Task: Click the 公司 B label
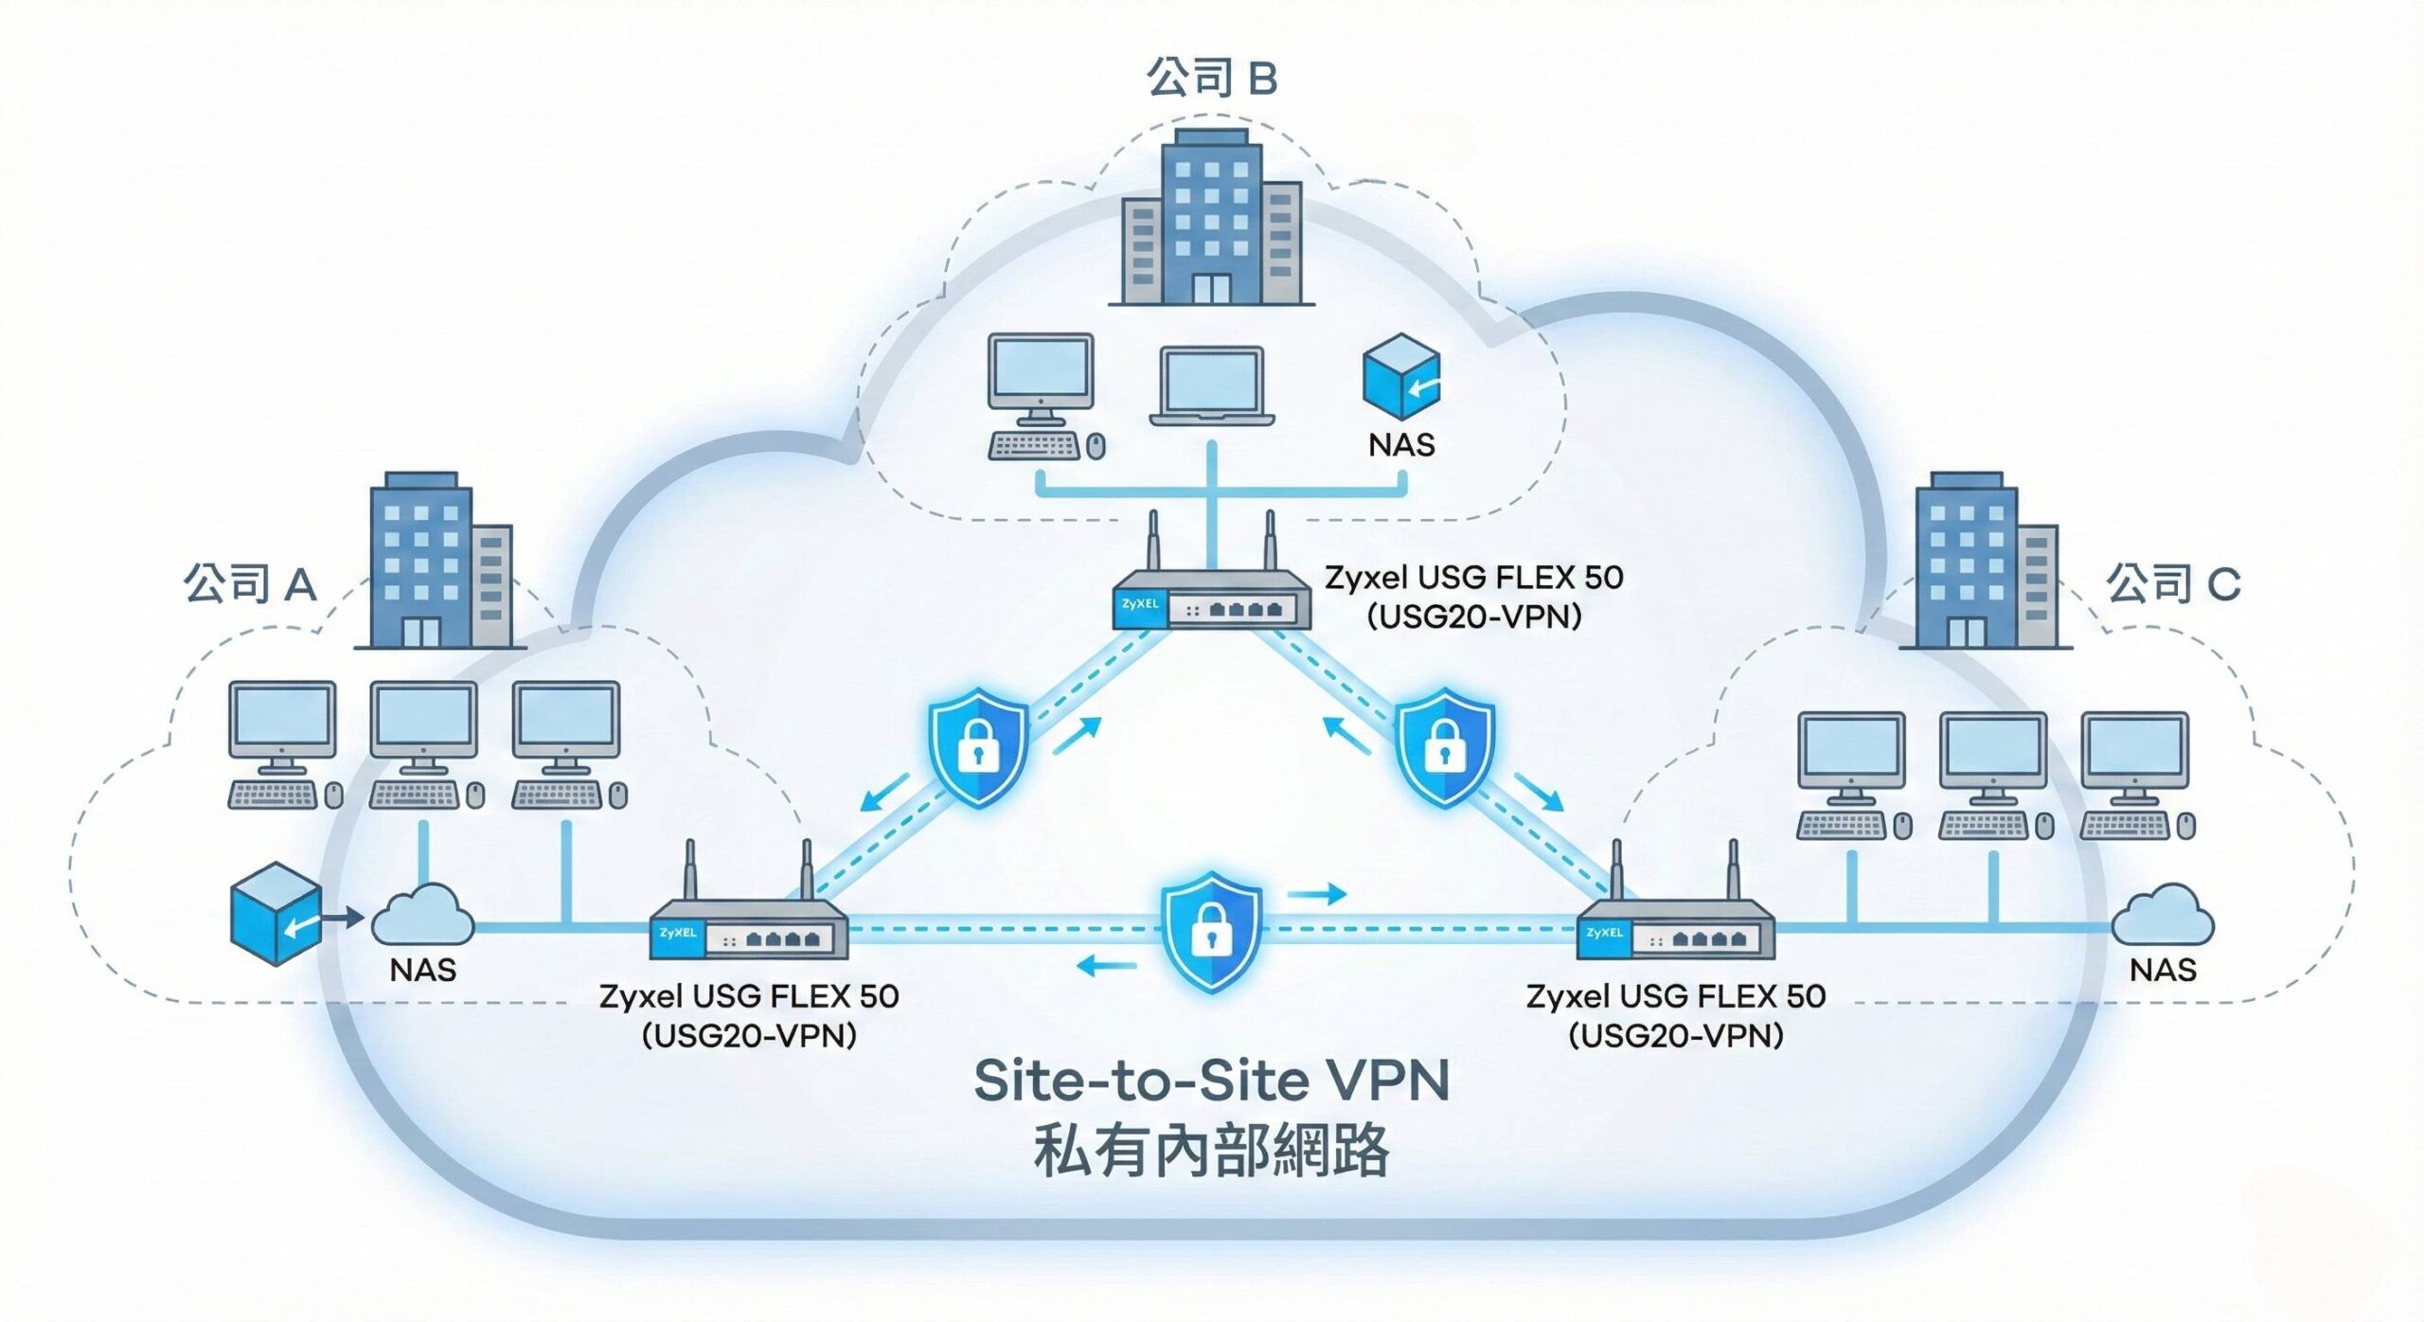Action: [1211, 78]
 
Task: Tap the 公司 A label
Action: [249, 583]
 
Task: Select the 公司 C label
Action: [2172, 583]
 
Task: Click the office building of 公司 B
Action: [1211, 218]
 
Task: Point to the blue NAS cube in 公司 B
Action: [1401, 376]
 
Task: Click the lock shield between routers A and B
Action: [978, 747]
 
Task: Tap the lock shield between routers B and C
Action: [1444, 747]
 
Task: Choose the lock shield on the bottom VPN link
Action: [1212, 932]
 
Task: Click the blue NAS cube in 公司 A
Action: [276, 913]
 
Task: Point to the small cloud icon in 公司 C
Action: [2163, 915]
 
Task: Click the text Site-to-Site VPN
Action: [1211, 1081]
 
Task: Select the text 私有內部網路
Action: [1211, 1151]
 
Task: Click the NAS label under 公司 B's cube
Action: [1401, 445]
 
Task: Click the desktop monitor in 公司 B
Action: [1041, 372]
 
